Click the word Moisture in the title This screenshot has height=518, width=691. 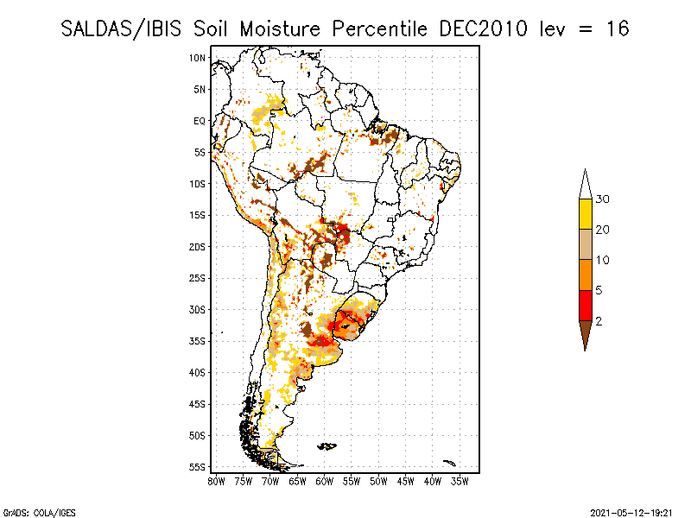click(280, 29)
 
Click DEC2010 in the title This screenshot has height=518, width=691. click(483, 29)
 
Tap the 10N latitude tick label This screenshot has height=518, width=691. click(197, 58)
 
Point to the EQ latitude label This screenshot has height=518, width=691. click(200, 121)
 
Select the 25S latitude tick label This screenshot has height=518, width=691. click(197, 278)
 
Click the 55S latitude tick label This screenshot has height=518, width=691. click(197, 467)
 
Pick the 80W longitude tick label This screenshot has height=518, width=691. click(216, 482)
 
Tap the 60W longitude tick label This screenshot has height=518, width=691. click(325, 482)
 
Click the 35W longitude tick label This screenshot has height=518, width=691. click(460, 482)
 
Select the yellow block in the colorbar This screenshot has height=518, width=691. click(586, 214)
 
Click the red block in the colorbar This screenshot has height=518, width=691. click(586, 306)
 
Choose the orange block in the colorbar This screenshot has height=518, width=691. click(586, 275)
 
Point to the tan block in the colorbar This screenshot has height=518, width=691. click(586, 244)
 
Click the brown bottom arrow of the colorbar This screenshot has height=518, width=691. click(586, 333)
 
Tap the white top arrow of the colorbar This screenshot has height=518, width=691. click(586, 186)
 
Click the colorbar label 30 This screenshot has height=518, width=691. click(602, 199)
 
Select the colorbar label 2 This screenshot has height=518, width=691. click(599, 321)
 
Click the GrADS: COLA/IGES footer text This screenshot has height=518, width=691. click(40, 513)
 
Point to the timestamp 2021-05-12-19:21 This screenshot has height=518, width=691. click(631, 513)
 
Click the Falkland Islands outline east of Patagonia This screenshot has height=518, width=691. click(327, 446)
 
